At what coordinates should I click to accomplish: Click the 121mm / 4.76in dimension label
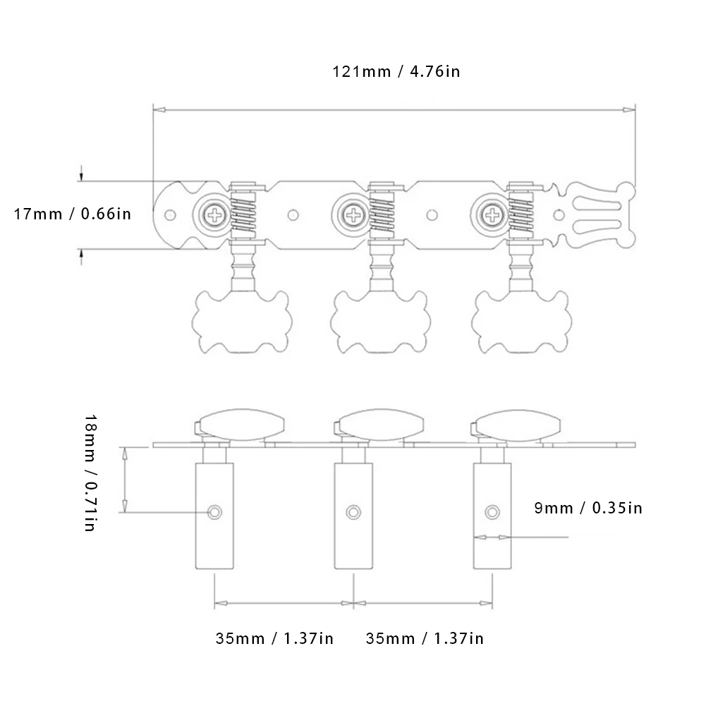(x=396, y=72)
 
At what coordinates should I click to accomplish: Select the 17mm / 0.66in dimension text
(x=73, y=214)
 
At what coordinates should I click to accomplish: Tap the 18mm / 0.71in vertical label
(x=90, y=473)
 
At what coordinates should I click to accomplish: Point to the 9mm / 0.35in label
(x=588, y=508)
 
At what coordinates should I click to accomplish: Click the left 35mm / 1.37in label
(x=274, y=638)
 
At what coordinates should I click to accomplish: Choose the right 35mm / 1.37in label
(x=425, y=638)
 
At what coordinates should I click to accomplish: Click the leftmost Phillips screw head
(x=214, y=215)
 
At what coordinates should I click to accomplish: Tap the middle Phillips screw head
(x=353, y=215)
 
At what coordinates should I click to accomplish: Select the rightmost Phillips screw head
(x=492, y=215)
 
